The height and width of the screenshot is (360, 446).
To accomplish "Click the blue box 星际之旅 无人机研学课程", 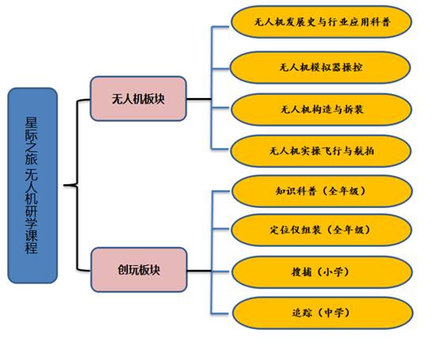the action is point(32,185).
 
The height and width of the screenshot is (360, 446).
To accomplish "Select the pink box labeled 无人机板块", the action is point(138,99).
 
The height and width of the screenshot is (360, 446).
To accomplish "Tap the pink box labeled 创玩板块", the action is point(139,270).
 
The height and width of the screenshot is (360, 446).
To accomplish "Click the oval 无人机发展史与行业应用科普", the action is point(321,22).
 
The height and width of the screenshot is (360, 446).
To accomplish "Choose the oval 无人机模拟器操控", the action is point(320,67).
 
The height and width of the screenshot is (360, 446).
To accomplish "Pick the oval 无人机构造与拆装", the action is point(321,109).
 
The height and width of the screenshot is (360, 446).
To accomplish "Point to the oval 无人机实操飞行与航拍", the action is point(321,151).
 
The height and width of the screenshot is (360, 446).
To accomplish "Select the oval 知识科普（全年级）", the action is point(322,191).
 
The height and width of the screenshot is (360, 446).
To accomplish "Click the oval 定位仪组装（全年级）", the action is point(321,230).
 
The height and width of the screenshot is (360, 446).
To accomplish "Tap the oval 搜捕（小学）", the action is point(322,272).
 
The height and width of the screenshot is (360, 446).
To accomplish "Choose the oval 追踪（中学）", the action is point(323,313).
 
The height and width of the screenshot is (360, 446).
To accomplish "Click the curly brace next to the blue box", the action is point(77,185).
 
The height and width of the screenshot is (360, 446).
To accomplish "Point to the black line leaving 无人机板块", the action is point(199,99).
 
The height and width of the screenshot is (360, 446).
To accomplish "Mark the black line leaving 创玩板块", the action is point(199,271).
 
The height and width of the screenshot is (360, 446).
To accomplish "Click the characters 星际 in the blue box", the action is point(32,130).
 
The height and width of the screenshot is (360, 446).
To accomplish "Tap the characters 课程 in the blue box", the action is point(32,241).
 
